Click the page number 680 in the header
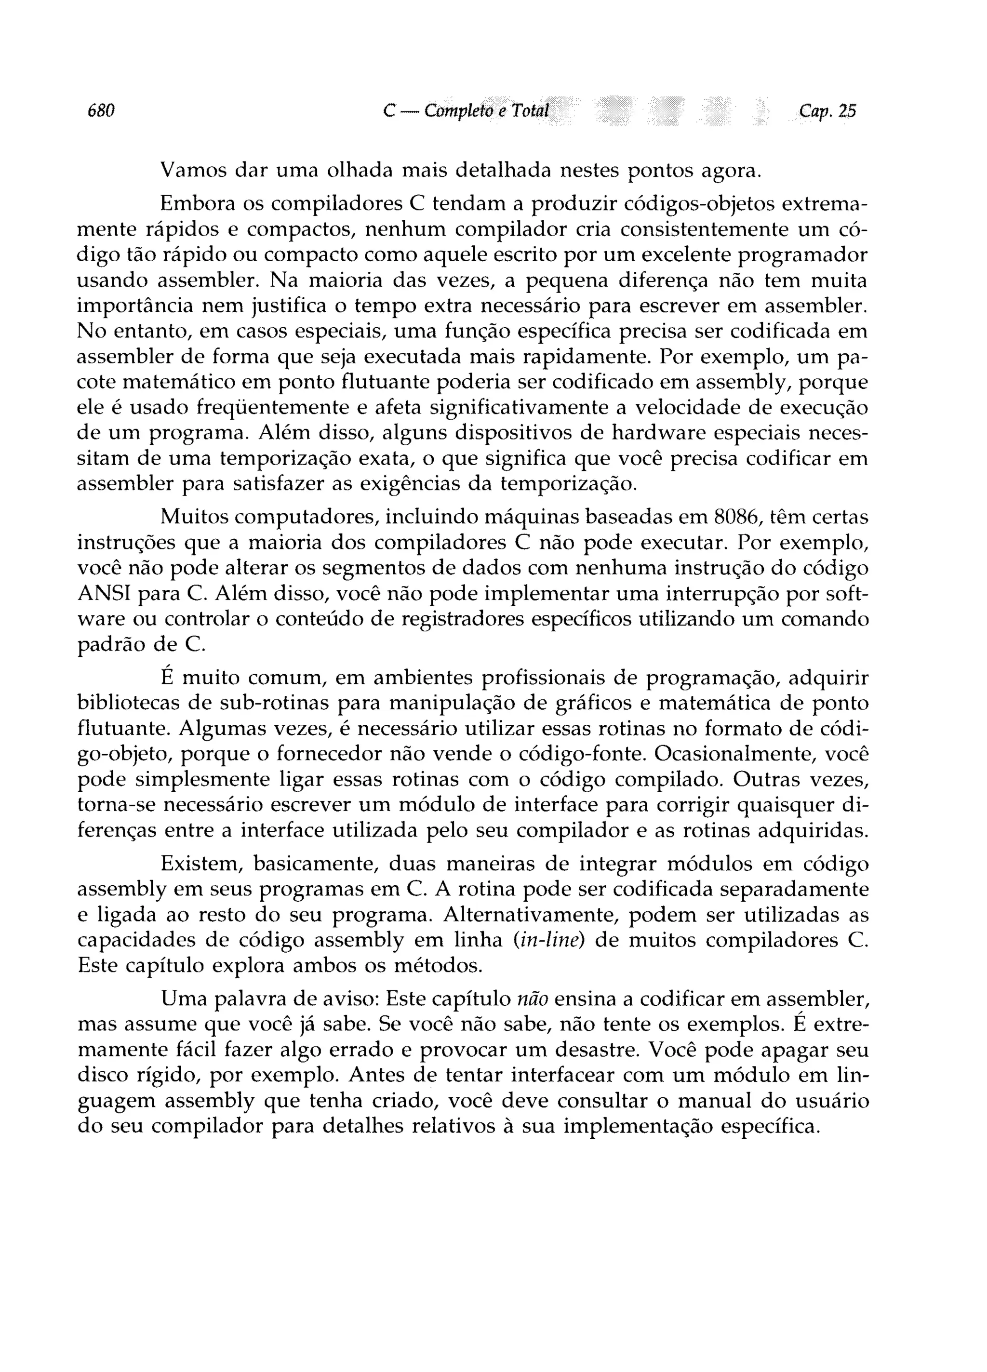point(101,111)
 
